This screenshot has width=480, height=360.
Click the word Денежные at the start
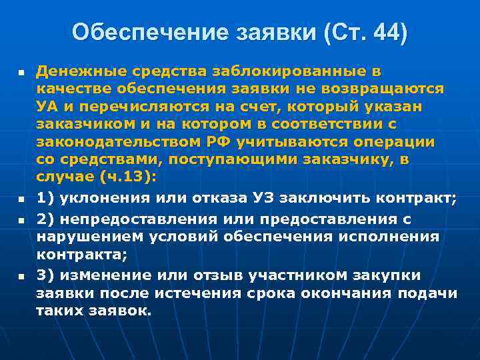point(73,71)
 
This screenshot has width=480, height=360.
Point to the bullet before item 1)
point(21,199)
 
